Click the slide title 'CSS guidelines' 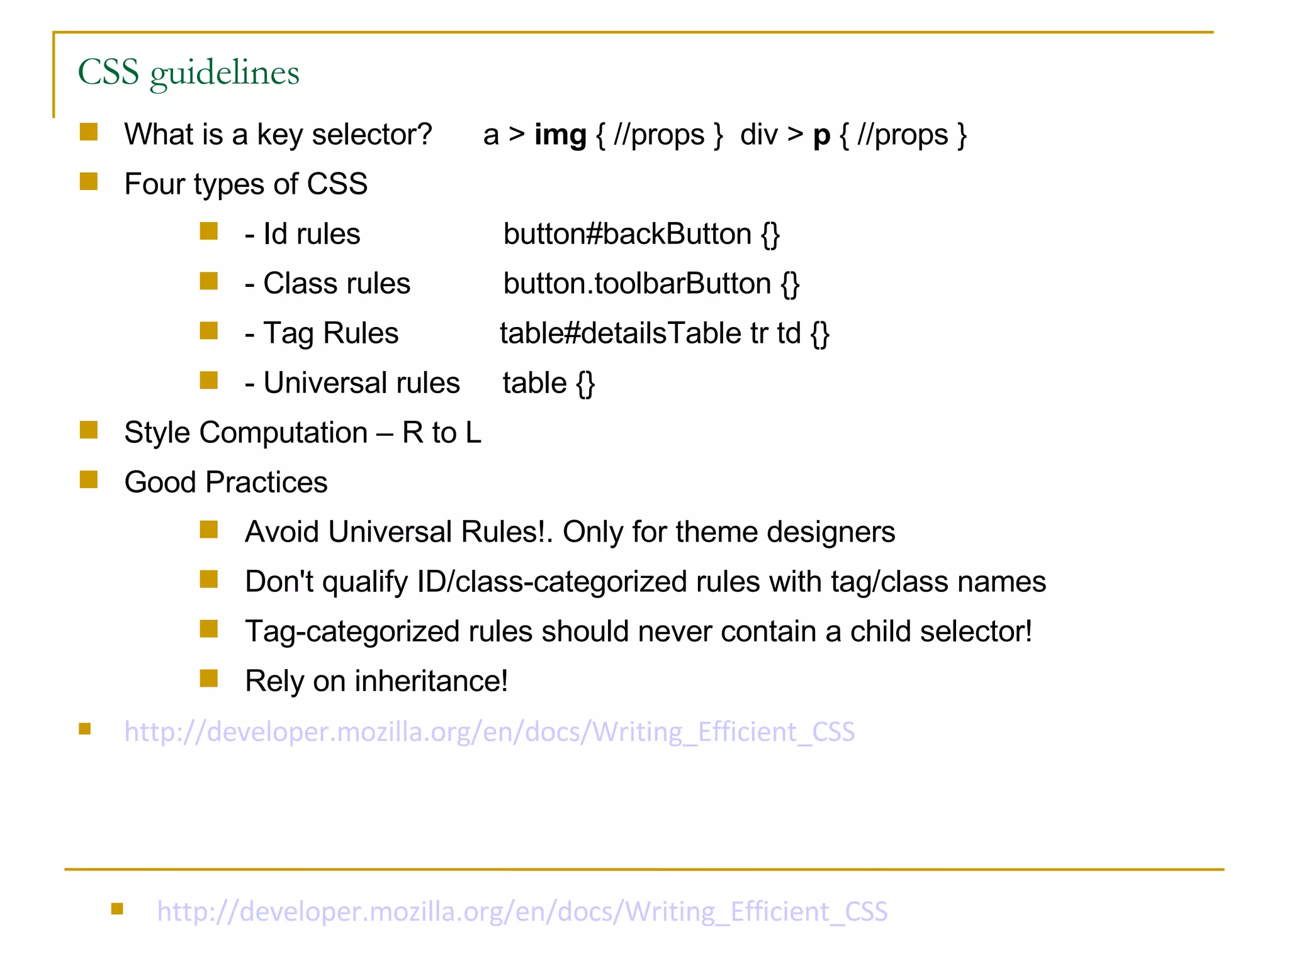point(188,72)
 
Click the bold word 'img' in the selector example point(560,135)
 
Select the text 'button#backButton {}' point(641,235)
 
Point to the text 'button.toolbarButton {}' point(651,284)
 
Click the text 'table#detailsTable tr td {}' point(664,334)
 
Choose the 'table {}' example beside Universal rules point(548,384)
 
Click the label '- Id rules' point(302,235)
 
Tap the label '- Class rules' point(327,284)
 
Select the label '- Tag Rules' point(322,334)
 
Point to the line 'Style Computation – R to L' point(302,433)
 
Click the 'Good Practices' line point(225,483)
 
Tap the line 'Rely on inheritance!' point(376,682)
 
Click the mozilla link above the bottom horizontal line point(489,732)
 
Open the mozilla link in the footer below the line point(522,912)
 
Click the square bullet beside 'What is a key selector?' point(89,132)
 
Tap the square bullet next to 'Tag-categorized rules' point(209,629)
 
